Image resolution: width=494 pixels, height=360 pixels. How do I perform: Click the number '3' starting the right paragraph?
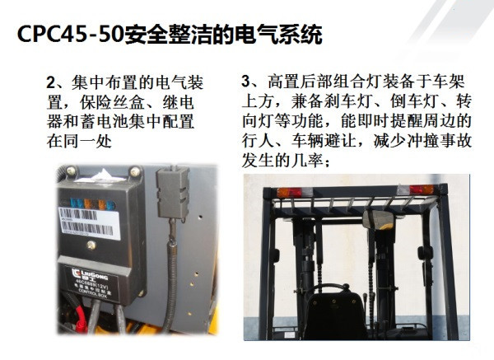point(246,83)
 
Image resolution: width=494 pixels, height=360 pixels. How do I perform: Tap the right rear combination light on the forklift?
point(422,189)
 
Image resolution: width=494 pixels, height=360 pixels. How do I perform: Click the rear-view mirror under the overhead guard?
point(380,220)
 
